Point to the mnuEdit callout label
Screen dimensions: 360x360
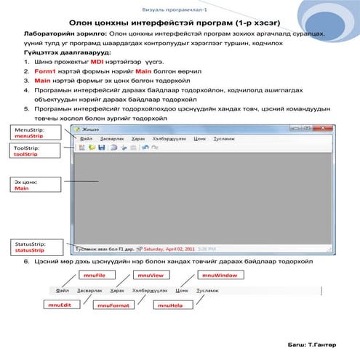click(x=60, y=305)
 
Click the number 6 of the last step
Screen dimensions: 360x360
click(x=27, y=260)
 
